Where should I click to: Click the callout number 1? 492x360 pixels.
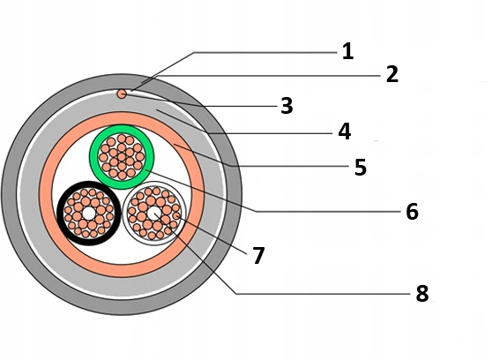coord(347,52)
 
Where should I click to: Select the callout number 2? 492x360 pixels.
coord(392,74)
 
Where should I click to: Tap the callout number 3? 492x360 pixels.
coord(287,106)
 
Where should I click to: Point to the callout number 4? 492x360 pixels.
coord(345,131)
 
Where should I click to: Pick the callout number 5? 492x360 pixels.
coord(361,167)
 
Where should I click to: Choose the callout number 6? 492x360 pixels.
coord(412,212)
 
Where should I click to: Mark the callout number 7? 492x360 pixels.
coord(258,256)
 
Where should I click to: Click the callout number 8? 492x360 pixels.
coord(422,294)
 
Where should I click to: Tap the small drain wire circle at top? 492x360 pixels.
coord(122,94)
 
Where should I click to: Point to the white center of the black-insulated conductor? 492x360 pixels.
coord(89,214)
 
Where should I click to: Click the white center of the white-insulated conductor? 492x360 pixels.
coord(153,214)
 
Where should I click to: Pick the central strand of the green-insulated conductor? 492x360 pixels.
coord(122,157)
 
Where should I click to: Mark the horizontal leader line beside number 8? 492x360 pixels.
coord(323,294)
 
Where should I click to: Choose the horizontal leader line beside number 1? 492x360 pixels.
coord(265,52)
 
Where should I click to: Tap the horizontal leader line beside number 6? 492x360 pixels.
coord(328,212)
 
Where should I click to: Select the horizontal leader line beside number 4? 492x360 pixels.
coord(270,134)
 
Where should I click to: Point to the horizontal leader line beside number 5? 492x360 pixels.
coord(291,166)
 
